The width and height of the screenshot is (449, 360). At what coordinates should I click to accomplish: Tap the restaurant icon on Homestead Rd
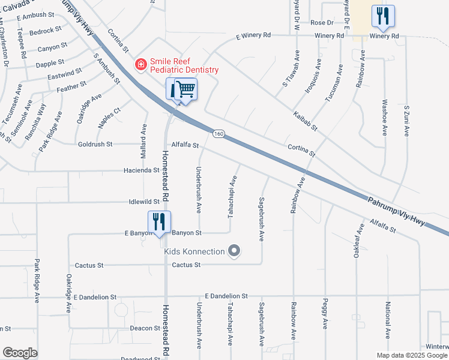click(159, 221)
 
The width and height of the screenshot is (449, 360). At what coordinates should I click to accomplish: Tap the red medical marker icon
click(141, 64)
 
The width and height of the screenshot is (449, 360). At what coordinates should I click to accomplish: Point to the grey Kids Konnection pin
click(234, 251)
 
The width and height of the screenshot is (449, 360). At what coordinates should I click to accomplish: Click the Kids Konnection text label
click(194, 251)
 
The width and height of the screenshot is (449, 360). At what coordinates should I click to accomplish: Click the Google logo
click(20, 353)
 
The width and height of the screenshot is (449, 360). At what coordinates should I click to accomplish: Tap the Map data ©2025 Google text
click(412, 355)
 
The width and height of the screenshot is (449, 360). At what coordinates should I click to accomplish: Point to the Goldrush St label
click(95, 144)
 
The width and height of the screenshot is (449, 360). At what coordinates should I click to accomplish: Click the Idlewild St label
click(143, 202)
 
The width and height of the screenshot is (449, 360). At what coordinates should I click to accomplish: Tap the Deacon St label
click(145, 328)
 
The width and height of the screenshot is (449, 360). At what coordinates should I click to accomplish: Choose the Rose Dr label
click(322, 22)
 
